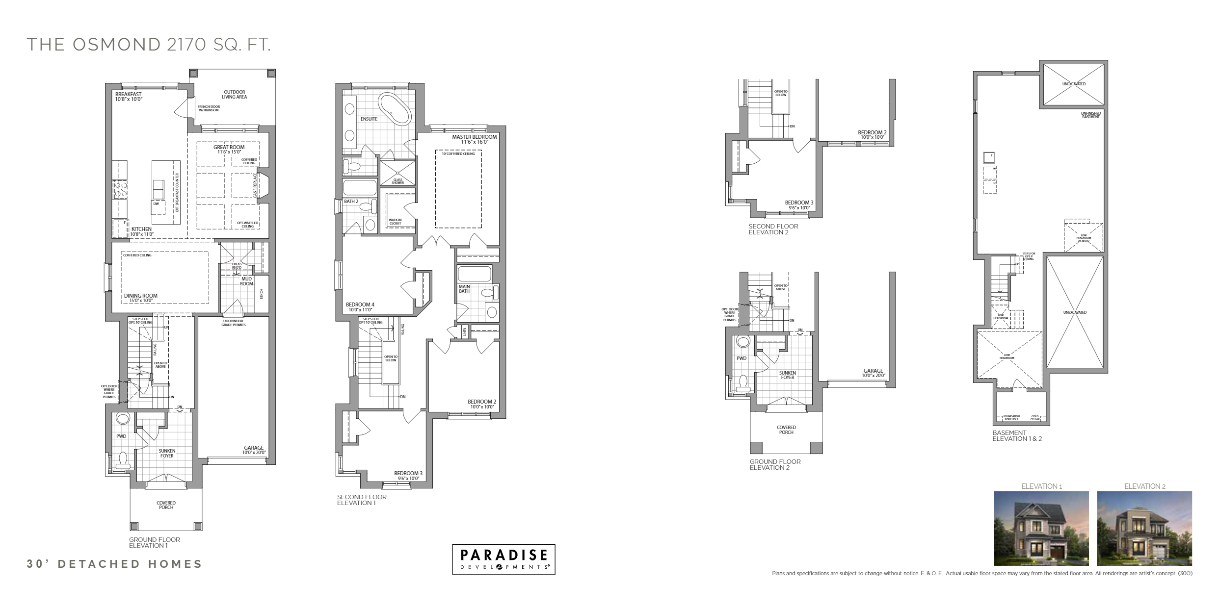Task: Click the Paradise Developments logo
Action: coord(503,559)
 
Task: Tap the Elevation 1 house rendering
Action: coord(1041,528)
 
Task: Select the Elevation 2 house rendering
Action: coord(1144,528)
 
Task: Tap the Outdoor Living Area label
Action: coord(234,95)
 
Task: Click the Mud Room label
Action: coord(246,281)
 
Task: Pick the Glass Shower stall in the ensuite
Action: coord(397,172)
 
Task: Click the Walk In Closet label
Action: coord(395,222)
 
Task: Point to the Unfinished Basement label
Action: coord(1090,115)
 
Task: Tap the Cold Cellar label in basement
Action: coord(1035,418)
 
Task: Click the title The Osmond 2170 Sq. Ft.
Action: coord(148,45)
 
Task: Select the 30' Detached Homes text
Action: coord(114,564)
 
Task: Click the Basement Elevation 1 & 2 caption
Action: coord(1017,435)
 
